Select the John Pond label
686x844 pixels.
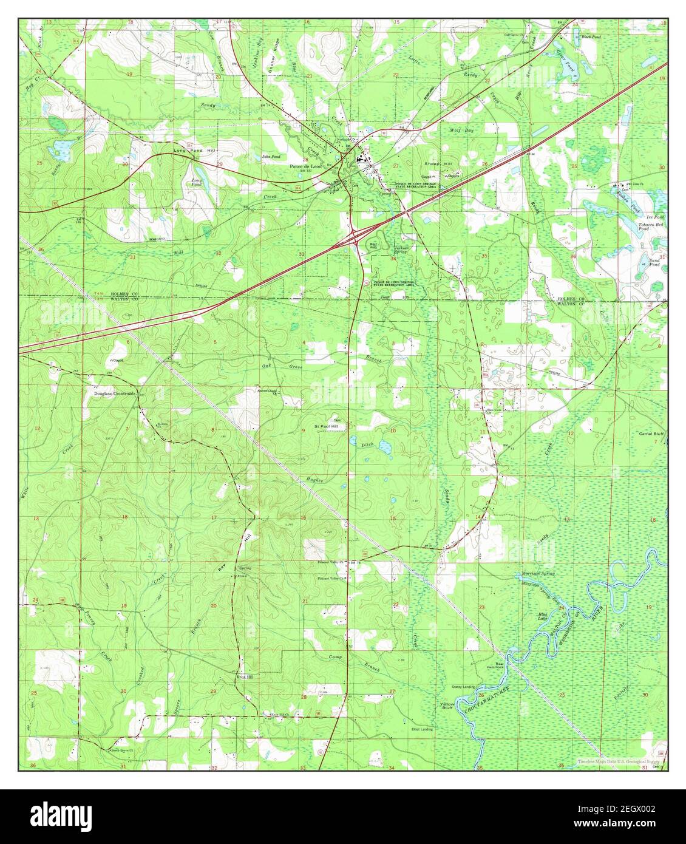pos(271,157)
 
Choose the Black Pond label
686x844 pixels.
pos(591,37)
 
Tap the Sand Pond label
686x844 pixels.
pos(654,263)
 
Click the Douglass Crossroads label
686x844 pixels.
pos(117,393)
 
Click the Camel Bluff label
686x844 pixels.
pos(650,434)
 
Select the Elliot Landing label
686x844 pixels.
pos(422,729)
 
